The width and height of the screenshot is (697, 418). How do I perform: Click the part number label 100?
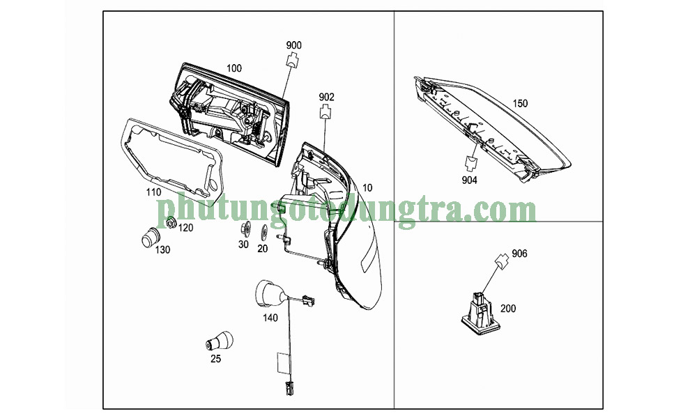pyautogui.click(x=233, y=68)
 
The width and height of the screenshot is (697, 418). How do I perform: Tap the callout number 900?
pyautogui.click(x=293, y=45)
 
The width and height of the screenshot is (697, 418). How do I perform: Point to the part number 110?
pyautogui.click(x=154, y=192)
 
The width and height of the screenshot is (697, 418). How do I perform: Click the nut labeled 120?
pyautogui.click(x=170, y=222)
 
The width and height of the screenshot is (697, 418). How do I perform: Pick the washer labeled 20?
pyautogui.click(x=264, y=232)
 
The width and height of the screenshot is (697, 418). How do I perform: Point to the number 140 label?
pyautogui.click(x=270, y=318)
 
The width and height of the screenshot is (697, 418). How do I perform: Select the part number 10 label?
pyautogui.click(x=367, y=188)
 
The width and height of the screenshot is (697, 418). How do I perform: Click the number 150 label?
pyautogui.click(x=520, y=104)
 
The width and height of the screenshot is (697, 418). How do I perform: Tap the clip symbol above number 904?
pyautogui.click(x=470, y=163)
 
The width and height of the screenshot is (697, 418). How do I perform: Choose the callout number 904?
pyautogui.click(x=469, y=180)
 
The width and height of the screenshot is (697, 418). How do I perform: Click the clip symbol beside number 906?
pyautogui.click(x=502, y=262)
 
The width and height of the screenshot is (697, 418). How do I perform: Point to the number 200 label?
pyautogui.click(x=508, y=309)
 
